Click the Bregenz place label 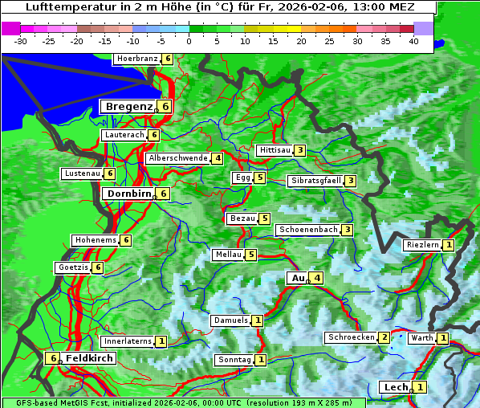point(128,106)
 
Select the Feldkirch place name point(89,358)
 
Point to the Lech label point(396,387)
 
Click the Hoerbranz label point(136,59)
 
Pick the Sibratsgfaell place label point(315,181)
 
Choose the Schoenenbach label point(307,230)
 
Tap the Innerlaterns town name point(127,341)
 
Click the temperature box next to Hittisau point(299,150)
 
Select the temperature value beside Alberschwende point(218,158)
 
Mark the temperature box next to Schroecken point(384,337)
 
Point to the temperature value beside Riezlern point(448,245)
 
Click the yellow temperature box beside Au point(317,278)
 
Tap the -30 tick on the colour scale point(21,40)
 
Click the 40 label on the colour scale point(413,40)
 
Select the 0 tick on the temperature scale point(189,40)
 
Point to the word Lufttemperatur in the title point(61,7)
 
